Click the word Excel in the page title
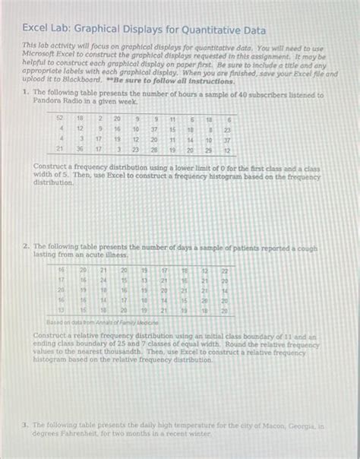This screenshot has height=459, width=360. tap(35, 30)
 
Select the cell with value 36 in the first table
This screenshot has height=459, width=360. tap(79, 150)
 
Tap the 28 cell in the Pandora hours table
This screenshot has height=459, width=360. tap(153, 150)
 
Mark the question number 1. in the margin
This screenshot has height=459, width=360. tap(25, 93)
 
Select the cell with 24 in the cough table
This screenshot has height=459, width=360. tap(103, 280)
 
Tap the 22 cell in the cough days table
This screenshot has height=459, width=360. tap(223, 271)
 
